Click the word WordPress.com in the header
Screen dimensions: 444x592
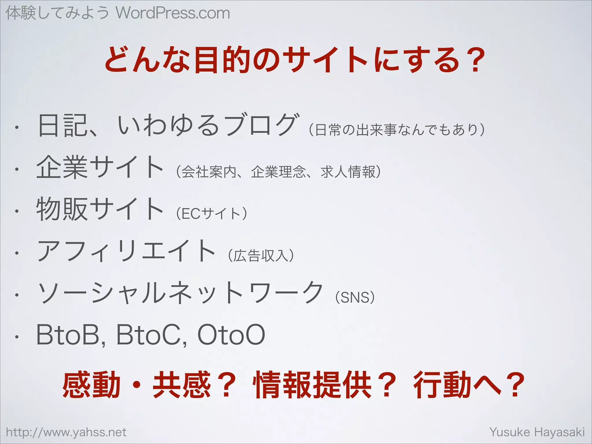pyautogui.click(x=173, y=13)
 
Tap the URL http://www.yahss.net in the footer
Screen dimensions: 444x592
pyautogui.click(x=66, y=432)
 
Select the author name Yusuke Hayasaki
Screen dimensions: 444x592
pyautogui.click(x=537, y=432)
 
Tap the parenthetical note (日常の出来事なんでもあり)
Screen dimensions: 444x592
pyautogui.click(x=397, y=130)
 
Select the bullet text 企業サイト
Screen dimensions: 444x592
pyautogui.click(x=100, y=167)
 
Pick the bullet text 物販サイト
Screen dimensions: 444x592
pyautogui.click(x=100, y=209)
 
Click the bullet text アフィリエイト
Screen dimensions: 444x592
pyautogui.click(x=126, y=251)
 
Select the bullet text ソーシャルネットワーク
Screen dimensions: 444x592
pyautogui.click(x=180, y=293)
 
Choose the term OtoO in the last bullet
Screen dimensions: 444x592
pyautogui.click(x=231, y=335)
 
